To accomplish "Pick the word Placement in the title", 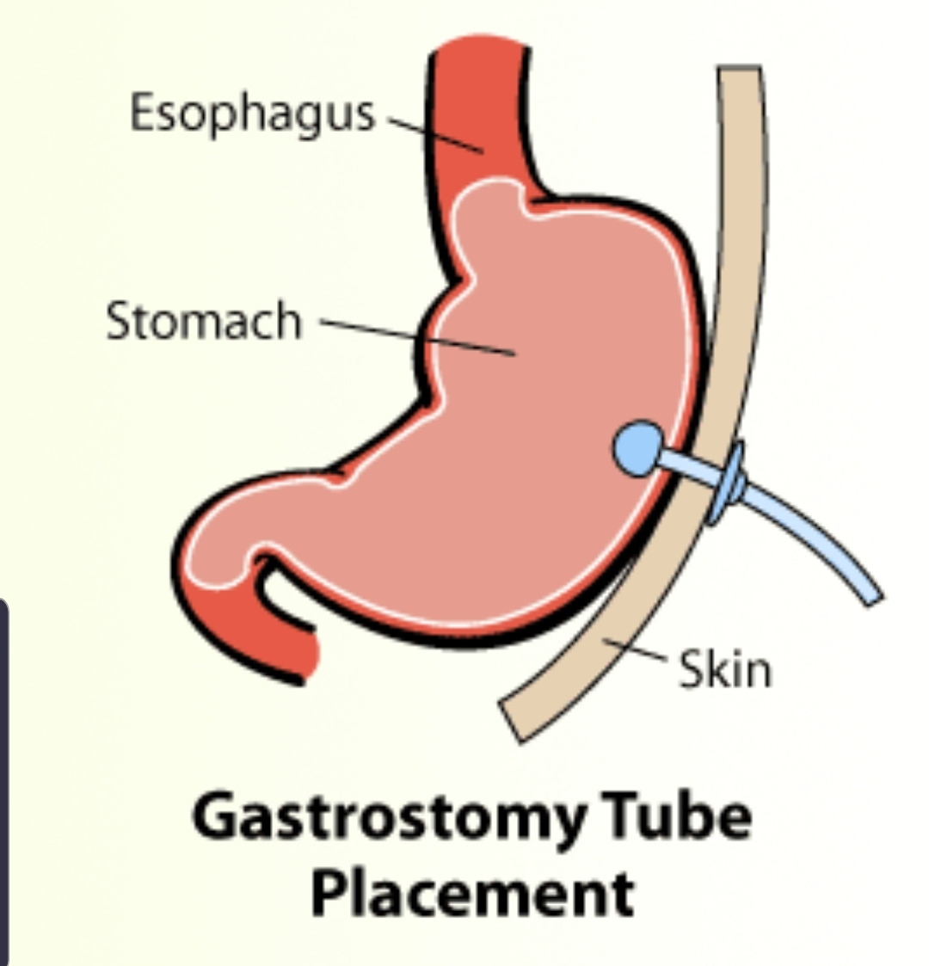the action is tap(471, 895).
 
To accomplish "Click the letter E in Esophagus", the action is tap(142, 112).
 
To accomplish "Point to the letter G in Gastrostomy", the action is tap(215, 818).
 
